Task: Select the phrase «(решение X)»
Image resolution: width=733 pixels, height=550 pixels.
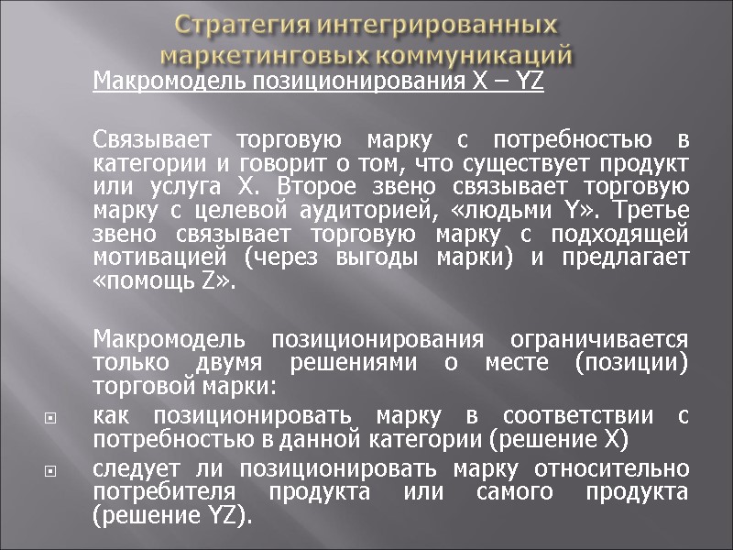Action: (x=561, y=439)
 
